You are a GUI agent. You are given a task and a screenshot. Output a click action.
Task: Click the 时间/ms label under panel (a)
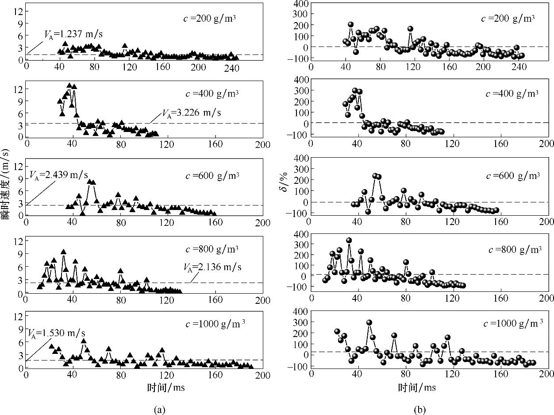[x=165, y=387]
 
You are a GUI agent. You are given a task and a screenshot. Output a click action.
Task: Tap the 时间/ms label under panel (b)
[x=417, y=387]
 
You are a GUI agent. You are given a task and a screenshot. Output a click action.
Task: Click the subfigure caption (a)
[x=159, y=410]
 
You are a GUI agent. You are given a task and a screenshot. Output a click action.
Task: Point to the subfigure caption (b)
[x=419, y=410]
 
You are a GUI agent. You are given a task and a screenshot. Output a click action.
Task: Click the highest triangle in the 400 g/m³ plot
[x=69, y=85]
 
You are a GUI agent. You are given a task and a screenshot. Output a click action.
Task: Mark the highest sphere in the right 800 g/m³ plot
[x=349, y=240]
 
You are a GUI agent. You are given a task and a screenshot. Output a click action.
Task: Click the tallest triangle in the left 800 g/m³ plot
[x=63, y=252]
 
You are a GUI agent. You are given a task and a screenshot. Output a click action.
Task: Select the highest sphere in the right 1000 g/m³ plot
[x=369, y=323]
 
